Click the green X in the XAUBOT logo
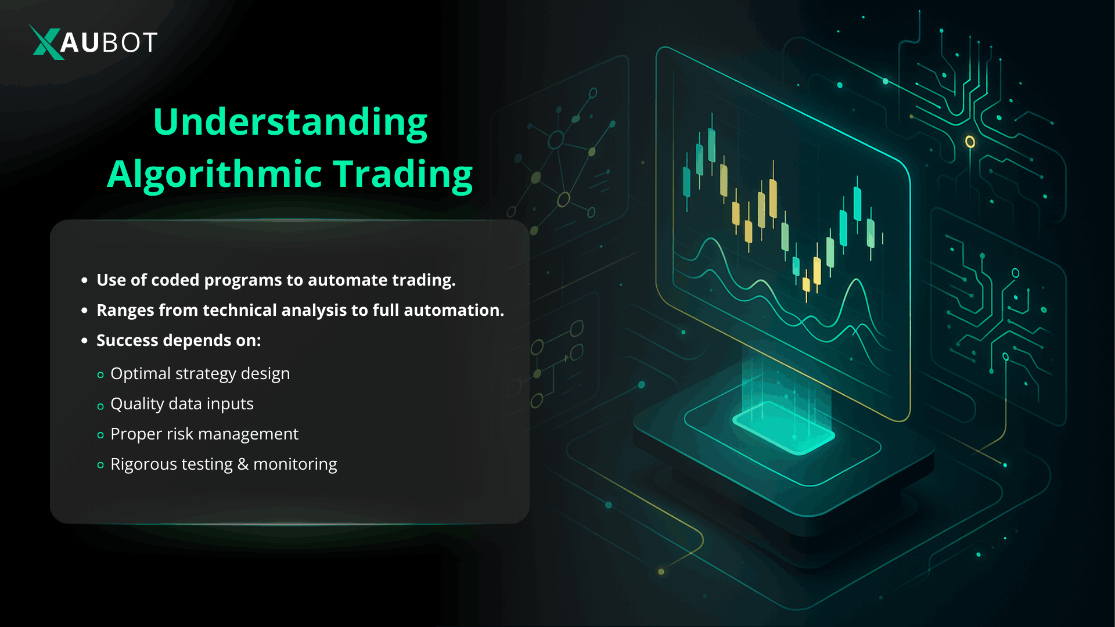point(46,42)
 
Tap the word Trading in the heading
point(403,174)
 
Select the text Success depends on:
point(179,341)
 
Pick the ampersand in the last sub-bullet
point(243,464)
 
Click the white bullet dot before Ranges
point(85,311)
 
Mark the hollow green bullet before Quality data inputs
point(100,406)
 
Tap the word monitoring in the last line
point(295,464)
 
